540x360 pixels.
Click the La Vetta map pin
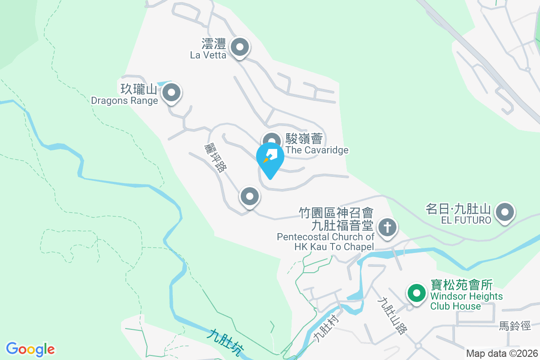[240, 47]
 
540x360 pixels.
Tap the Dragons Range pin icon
[171, 94]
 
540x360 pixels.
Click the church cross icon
[387, 227]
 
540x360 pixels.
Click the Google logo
[30, 349]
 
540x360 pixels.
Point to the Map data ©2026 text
[502, 353]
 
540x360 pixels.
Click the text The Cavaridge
[317, 150]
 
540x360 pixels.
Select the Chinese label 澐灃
[213, 44]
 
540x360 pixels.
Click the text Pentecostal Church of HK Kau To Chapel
[325, 242]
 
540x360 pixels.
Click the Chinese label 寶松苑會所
[462, 285]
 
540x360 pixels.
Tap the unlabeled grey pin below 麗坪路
[250, 197]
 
